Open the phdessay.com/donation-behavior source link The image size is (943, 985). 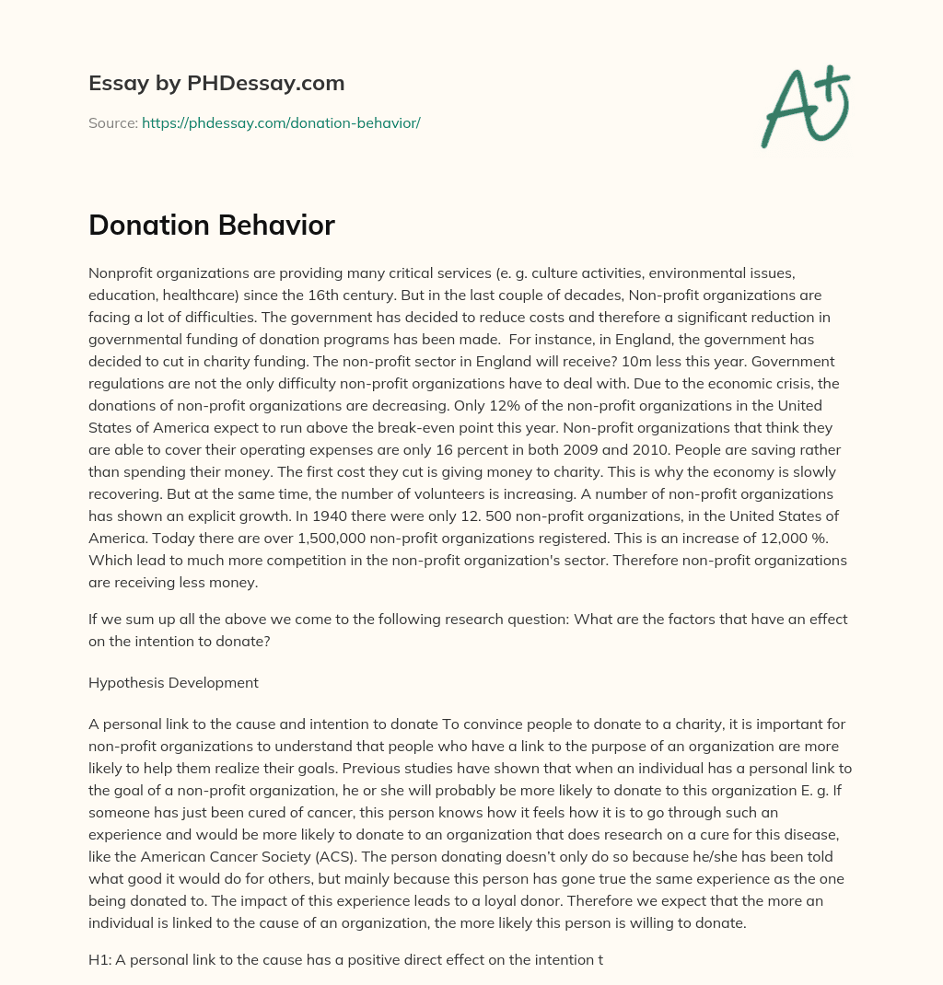point(281,122)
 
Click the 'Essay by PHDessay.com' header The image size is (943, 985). point(216,83)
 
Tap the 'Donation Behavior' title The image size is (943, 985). point(212,226)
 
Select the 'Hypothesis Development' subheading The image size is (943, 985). point(173,682)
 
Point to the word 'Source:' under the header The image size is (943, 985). point(112,122)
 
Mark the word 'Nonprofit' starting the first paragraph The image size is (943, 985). point(120,272)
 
